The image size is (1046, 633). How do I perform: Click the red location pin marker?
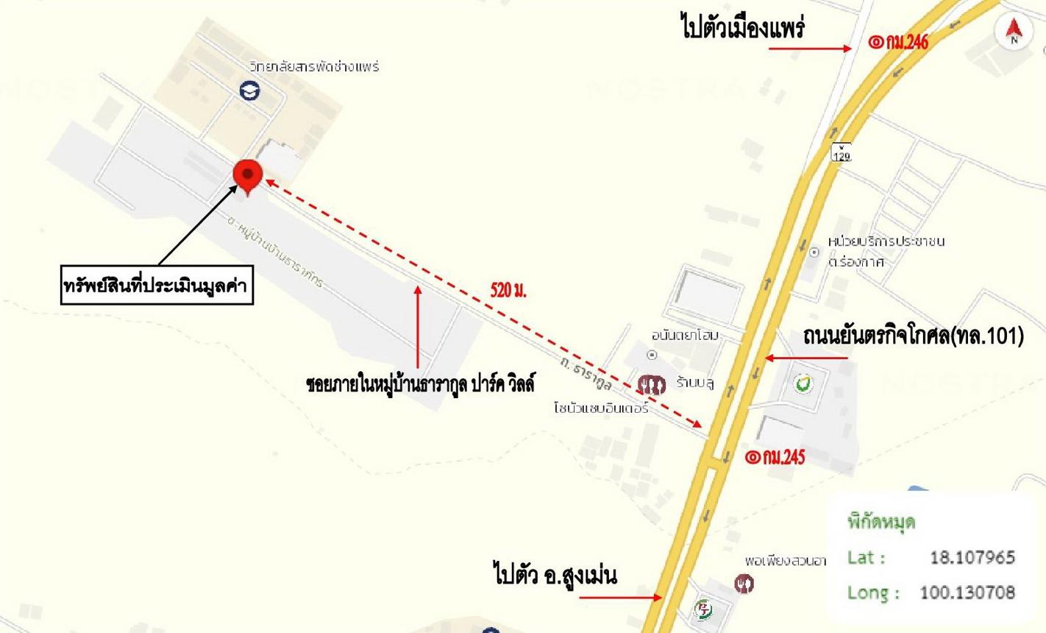point(248,176)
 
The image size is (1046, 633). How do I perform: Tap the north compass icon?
point(1014,30)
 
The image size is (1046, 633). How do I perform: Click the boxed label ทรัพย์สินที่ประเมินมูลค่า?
point(157,286)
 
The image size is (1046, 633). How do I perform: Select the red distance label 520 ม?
point(508,289)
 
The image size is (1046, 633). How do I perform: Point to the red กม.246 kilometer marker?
point(898,41)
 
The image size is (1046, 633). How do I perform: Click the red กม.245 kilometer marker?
point(775,457)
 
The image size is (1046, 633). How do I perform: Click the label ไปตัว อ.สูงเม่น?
point(555,574)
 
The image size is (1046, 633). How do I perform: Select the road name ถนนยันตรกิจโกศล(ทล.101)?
point(913,336)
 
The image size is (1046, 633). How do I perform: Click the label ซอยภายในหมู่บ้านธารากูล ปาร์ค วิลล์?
point(420,383)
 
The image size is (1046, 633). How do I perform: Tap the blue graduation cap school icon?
point(250,91)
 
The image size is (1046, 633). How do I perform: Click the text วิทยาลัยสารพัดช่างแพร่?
point(314,66)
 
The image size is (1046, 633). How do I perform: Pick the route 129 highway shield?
point(842,152)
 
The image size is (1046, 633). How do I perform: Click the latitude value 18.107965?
point(972,557)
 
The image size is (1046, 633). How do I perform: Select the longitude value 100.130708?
point(967,592)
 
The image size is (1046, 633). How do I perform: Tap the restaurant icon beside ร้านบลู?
point(651,384)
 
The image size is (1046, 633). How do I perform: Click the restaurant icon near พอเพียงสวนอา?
point(744,584)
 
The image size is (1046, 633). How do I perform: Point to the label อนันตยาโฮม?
point(685,336)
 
